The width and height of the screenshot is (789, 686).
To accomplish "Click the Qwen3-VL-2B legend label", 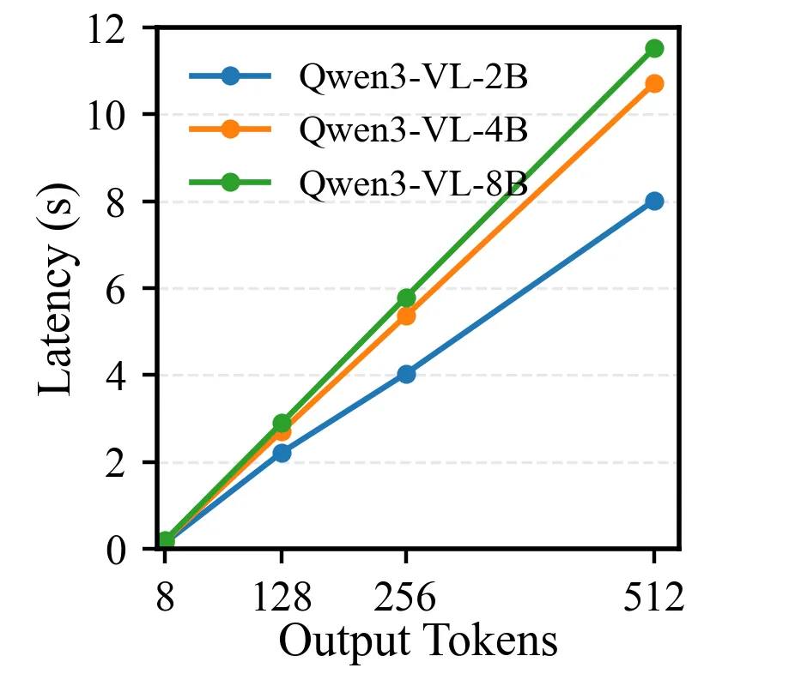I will [x=412, y=78].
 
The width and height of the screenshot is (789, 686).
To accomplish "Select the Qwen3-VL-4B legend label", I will [x=412, y=130].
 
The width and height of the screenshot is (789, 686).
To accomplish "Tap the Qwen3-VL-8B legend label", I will [x=412, y=183].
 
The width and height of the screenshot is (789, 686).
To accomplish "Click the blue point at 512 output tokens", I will [x=654, y=201].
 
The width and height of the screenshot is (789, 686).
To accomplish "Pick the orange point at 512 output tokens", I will [x=654, y=83].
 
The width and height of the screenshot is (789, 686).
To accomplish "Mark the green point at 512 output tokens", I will [x=654, y=48].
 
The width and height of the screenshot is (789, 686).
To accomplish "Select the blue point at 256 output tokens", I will [x=406, y=374].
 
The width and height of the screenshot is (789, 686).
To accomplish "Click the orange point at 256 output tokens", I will [x=406, y=316].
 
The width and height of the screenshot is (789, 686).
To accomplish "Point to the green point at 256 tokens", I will [x=406, y=298].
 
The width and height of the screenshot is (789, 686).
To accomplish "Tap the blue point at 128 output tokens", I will [x=282, y=453].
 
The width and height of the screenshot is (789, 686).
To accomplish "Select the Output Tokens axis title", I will [x=418, y=641].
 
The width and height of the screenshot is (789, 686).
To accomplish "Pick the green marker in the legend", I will [x=229, y=183].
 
